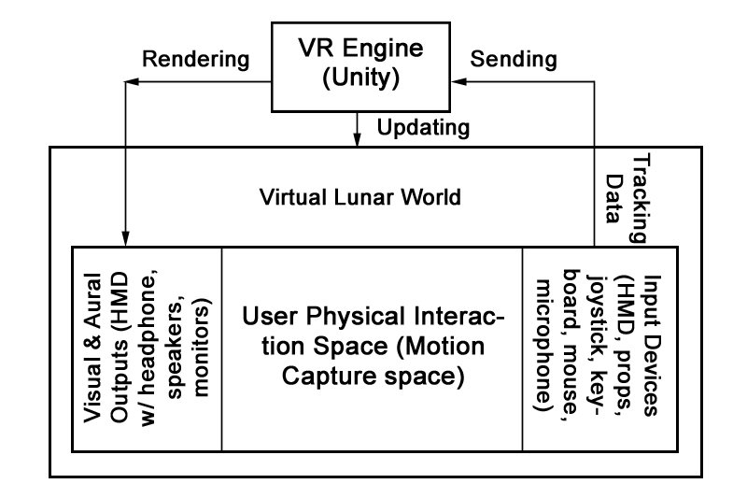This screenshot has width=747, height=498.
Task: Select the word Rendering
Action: pyautogui.click(x=195, y=60)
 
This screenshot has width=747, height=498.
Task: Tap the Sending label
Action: pyautogui.click(x=514, y=60)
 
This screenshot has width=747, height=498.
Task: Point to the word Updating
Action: pyautogui.click(x=423, y=126)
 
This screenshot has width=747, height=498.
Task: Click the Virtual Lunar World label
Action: pyautogui.click(x=360, y=198)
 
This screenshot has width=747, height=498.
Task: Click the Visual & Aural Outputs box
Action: pyautogui.click(x=147, y=349)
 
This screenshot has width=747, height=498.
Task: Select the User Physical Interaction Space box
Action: pyautogui.click(x=372, y=349)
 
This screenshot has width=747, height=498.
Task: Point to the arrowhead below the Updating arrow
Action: pyautogui.click(x=359, y=140)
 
